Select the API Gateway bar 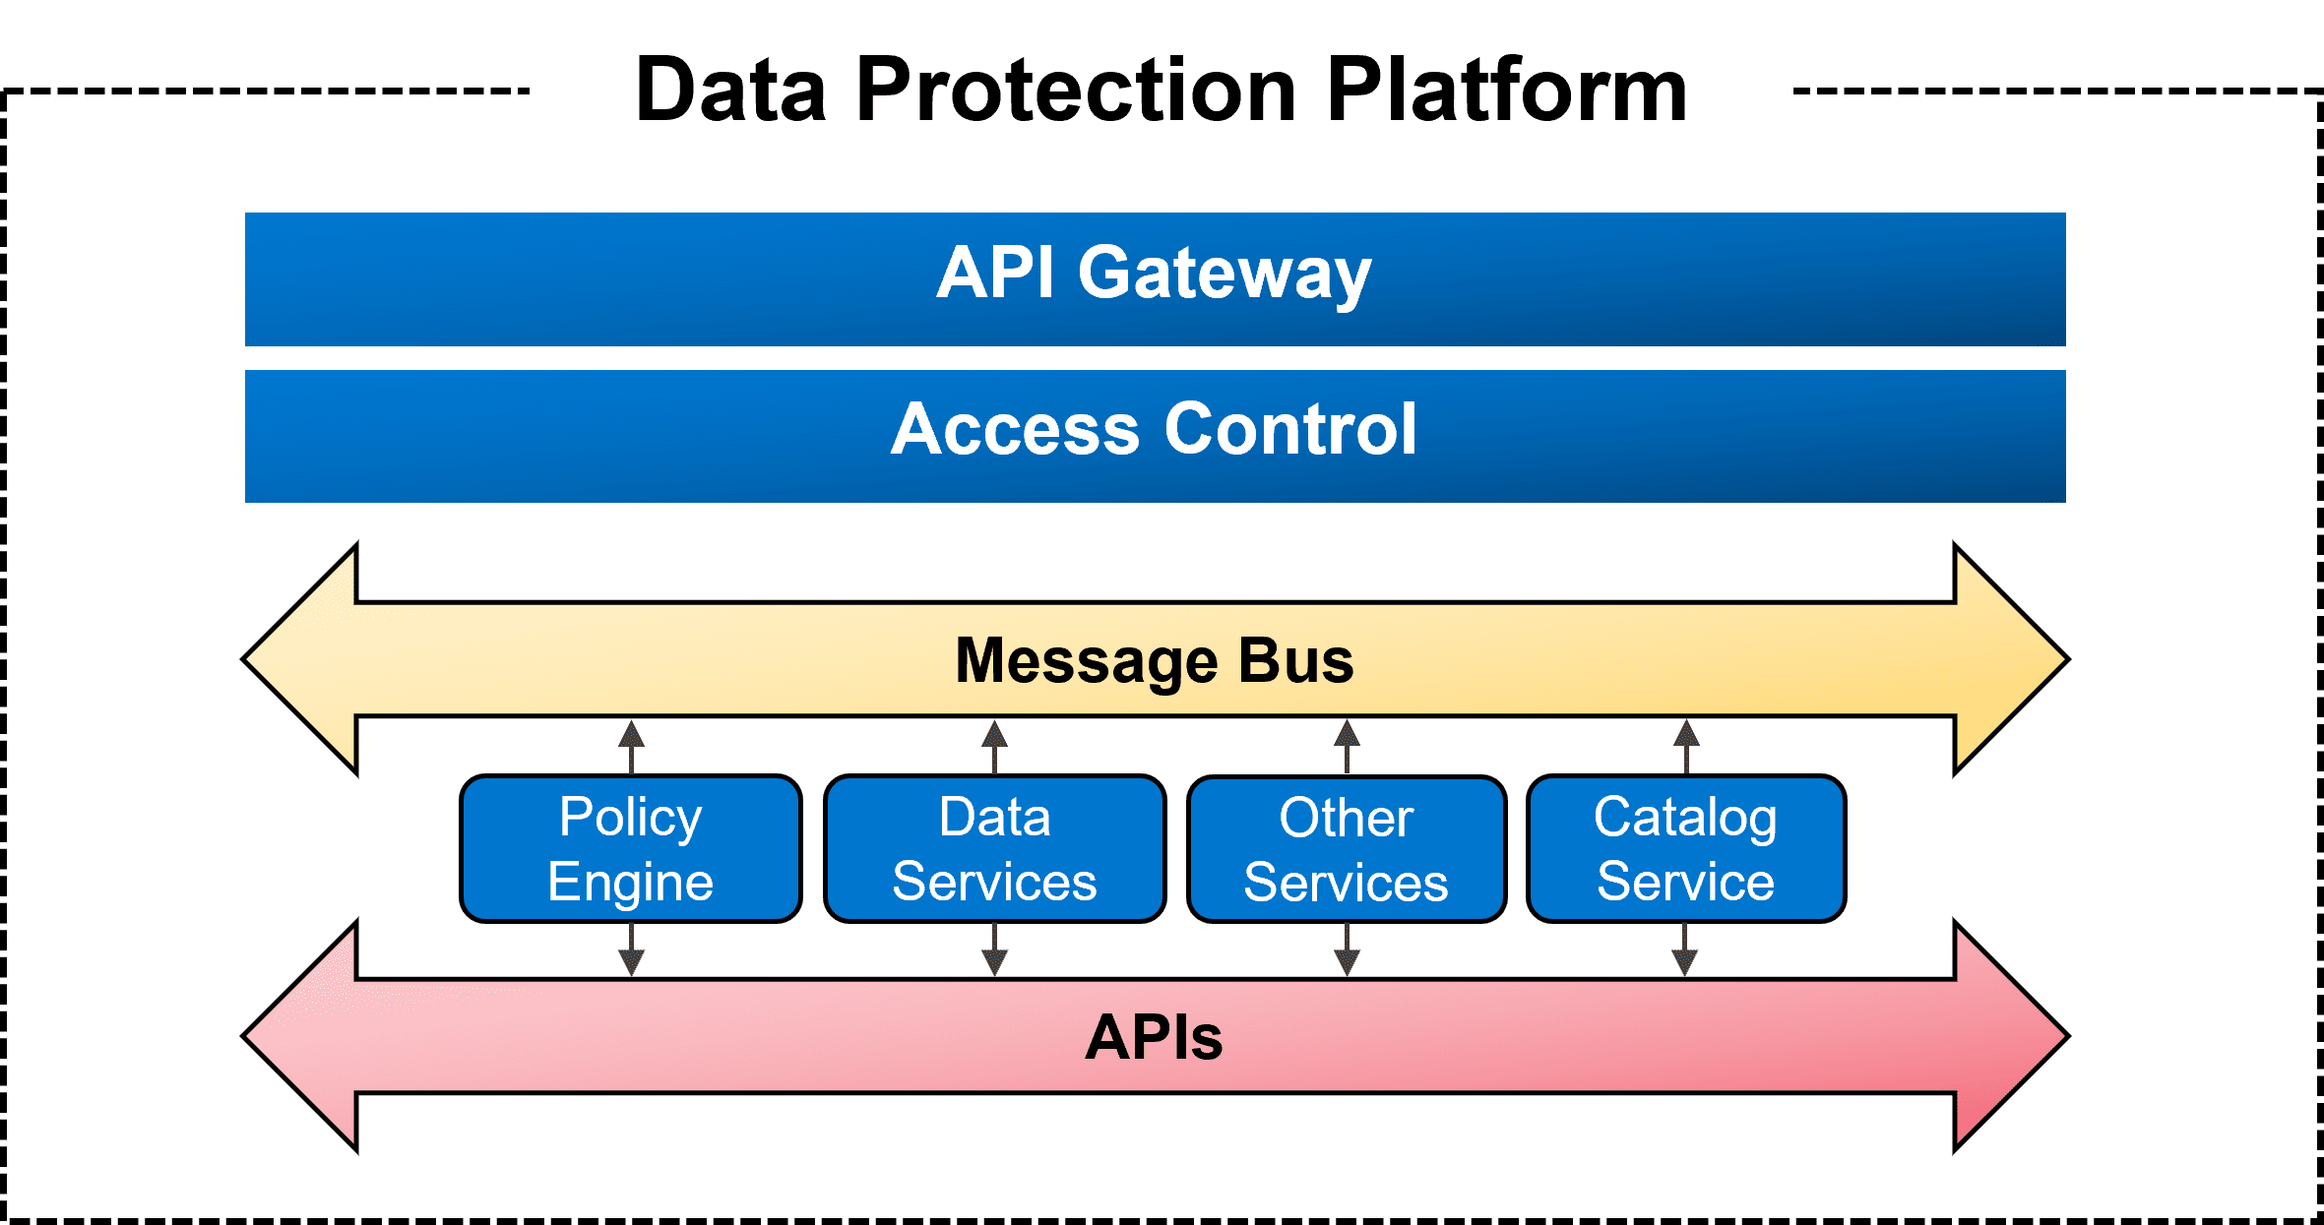[x=1155, y=279]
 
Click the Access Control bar [x=1155, y=436]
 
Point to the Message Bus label [x=1155, y=660]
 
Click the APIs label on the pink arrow [x=1155, y=1037]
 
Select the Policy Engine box [x=631, y=849]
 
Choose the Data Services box [x=994, y=849]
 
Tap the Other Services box [x=1347, y=849]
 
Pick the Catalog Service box [x=1686, y=849]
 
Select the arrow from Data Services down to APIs [x=994, y=949]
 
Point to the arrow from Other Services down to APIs [x=1347, y=949]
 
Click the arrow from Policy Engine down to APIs [x=631, y=949]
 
